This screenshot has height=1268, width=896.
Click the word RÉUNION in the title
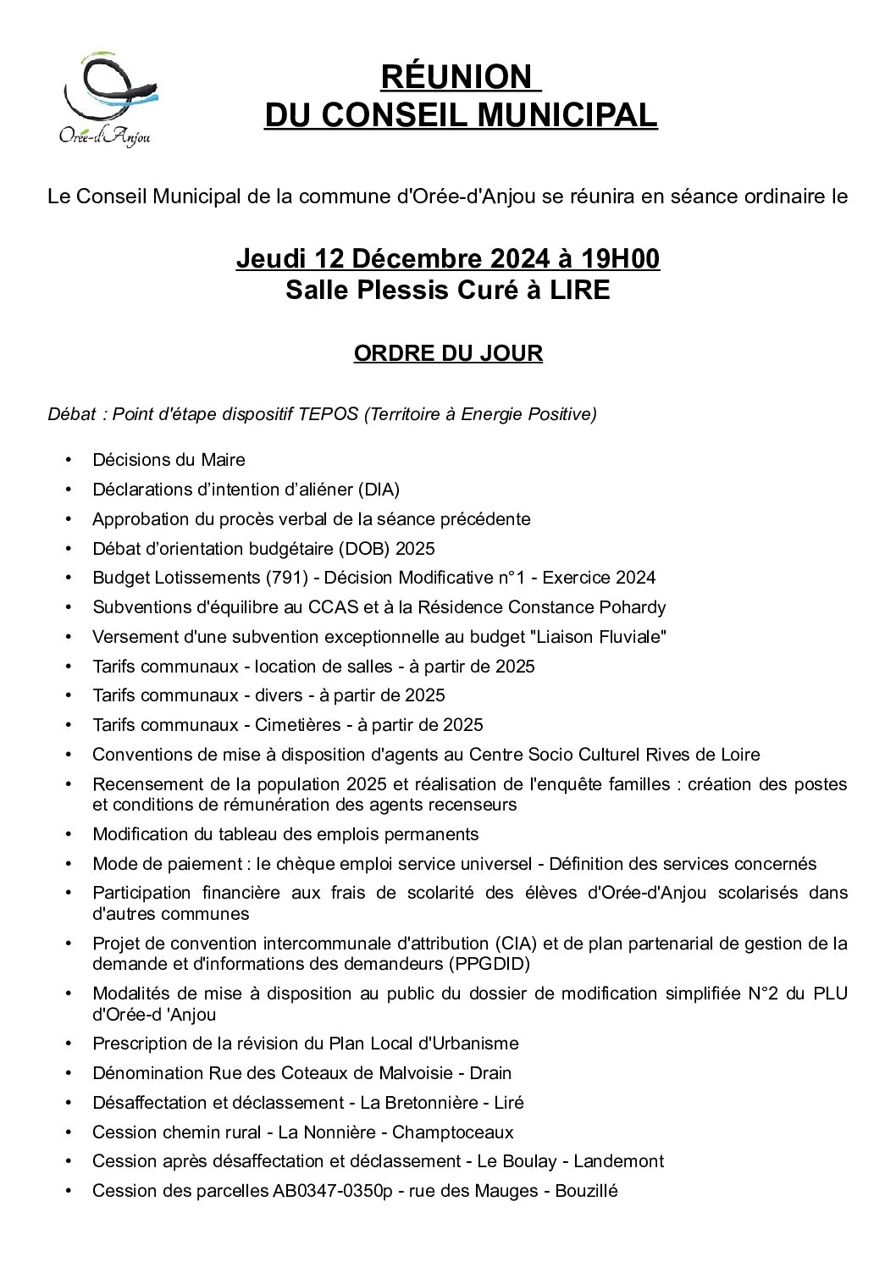pyautogui.click(x=456, y=77)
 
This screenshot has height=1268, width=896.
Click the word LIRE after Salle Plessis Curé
pyautogui.click(x=579, y=291)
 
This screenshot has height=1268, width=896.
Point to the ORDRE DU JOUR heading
pyautogui.click(x=448, y=353)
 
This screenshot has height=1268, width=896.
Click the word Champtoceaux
pyautogui.click(x=452, y=1132)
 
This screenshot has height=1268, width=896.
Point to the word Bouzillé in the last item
pyautogui.click(x=586, y=1191)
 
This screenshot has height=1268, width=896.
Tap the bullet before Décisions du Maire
pyautogui.click(x=69, y=460)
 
